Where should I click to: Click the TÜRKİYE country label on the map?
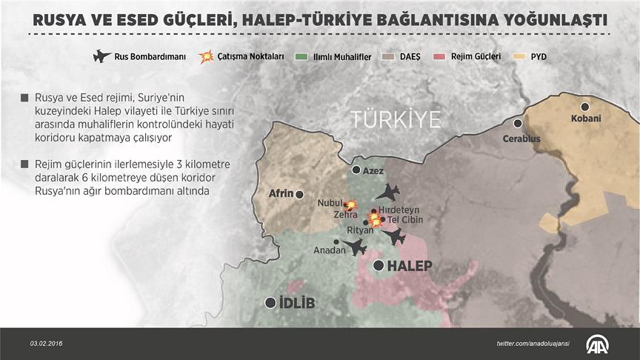click(396, 119)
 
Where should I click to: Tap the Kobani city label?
click(586, 119)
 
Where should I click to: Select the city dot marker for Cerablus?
click(518, 124)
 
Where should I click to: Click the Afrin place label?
click(281, 194)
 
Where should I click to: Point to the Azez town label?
click(373, 170)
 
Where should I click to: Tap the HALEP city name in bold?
click(410, 266)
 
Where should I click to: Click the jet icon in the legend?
click(101, 56)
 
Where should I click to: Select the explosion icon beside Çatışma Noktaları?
click(207, 56)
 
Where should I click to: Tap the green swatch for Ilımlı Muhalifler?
click(300, 56)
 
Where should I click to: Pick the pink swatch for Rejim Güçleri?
click(439, 56)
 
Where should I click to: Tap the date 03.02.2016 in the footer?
click(46, 344)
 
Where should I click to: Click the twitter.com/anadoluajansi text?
click(533, 344)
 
